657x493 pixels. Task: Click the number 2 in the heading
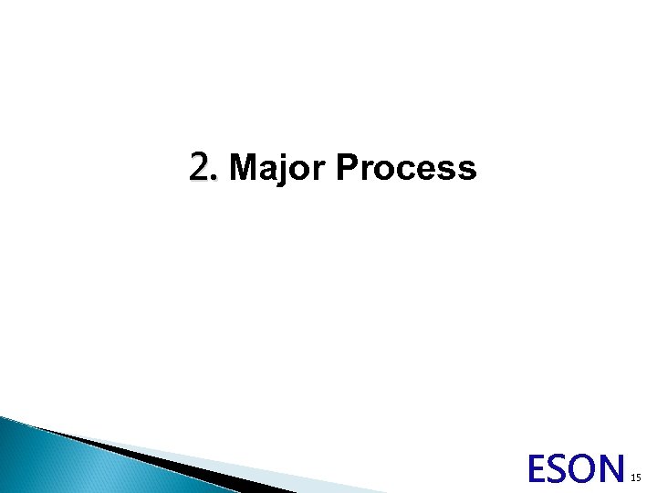point(201,168)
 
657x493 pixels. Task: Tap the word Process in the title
point(406,168)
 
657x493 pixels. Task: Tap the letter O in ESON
point(586,469)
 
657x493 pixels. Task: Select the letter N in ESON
point(613,469)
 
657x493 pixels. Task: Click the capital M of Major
point(245,168)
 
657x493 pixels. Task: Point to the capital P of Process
point(348,168)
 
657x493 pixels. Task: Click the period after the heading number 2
point(215,178)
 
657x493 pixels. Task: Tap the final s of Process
point(467,171)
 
